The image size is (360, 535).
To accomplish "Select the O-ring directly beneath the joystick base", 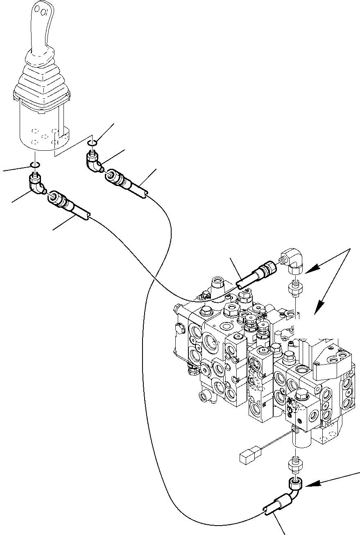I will click(35, 165).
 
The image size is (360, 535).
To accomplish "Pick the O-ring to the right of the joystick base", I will click(93, 143).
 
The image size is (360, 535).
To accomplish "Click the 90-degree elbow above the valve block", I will click(293, 261).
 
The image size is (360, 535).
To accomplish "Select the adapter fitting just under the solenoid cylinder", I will click(296, 464).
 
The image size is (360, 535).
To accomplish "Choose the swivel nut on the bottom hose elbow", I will click(296, 484).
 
